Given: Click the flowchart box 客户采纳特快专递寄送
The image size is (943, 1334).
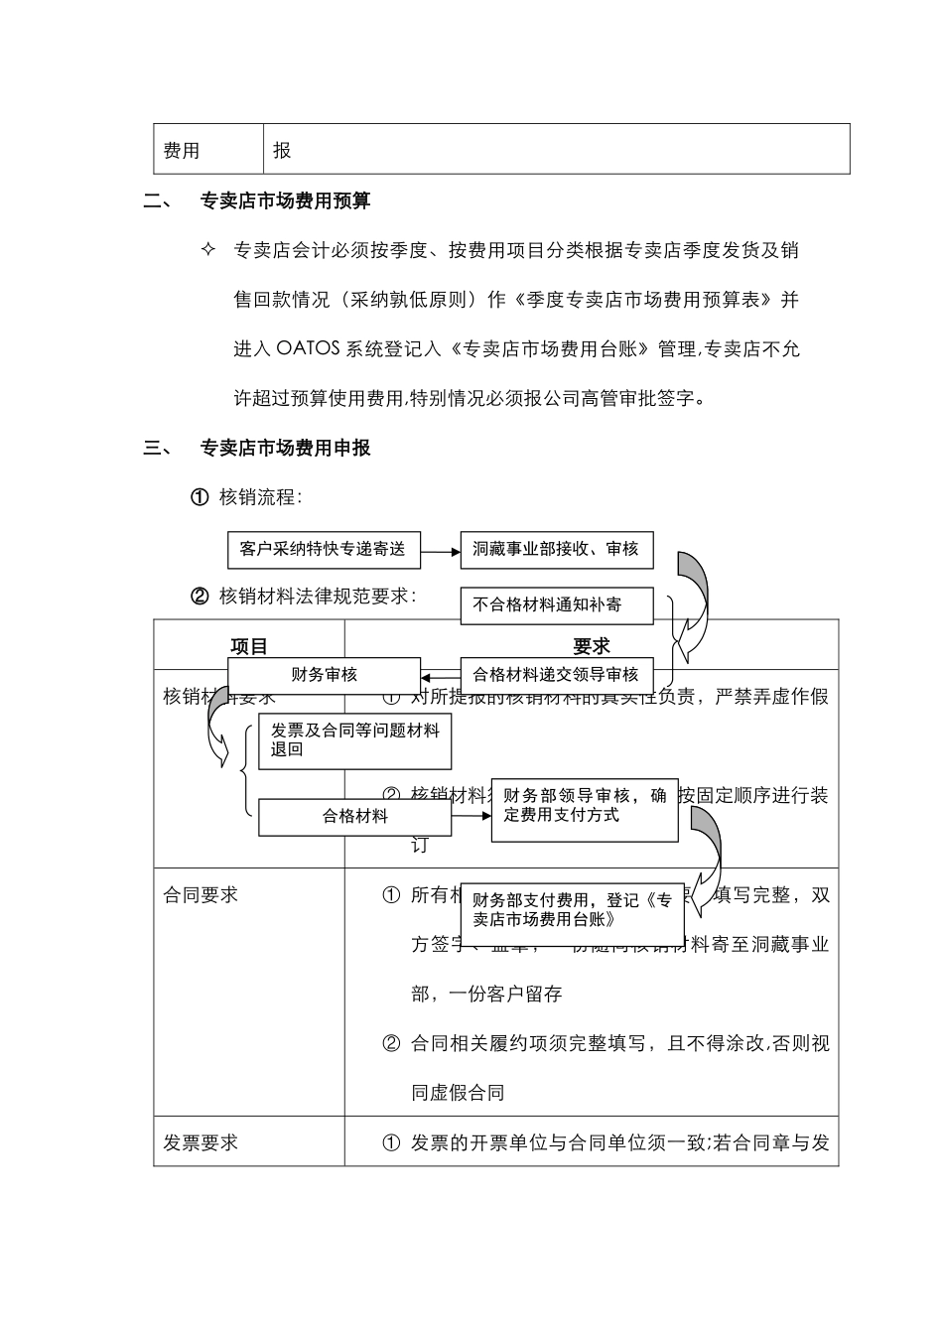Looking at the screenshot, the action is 324,549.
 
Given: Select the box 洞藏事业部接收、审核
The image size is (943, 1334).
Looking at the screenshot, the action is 556,549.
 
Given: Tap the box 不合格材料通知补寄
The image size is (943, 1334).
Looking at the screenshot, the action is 556,604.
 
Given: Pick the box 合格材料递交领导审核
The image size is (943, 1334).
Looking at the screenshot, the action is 556,675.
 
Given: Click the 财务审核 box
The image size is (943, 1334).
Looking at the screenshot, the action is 325,675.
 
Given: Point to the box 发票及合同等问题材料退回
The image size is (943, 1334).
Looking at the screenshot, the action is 354,740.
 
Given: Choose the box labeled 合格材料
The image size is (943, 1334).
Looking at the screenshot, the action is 354,817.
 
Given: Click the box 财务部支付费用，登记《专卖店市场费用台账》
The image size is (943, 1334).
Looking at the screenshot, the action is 573,910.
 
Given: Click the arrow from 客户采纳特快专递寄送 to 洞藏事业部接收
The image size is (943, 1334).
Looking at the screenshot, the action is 440,550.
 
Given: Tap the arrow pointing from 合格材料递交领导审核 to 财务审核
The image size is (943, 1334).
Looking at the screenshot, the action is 440,676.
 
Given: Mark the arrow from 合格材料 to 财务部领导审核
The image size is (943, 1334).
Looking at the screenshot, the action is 471,816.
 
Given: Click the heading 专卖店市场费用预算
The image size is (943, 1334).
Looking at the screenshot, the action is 286,200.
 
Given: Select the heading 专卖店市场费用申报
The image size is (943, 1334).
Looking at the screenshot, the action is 286,448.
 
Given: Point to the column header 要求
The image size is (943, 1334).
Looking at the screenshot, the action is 592,646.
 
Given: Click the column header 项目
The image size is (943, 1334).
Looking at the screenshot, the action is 249,646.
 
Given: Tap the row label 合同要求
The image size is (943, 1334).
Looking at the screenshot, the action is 201,894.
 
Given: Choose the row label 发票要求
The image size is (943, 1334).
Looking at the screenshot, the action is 201,1142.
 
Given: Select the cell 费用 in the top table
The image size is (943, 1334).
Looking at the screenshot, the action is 182,150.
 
